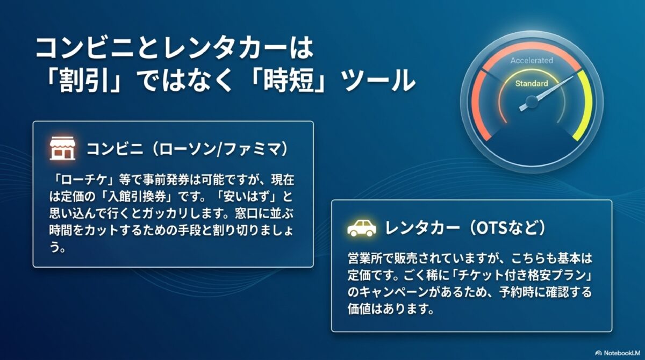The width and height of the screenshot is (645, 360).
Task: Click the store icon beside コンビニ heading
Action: click(x=62, y=148)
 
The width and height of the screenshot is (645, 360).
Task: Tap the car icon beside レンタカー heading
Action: click(x=362, y=228)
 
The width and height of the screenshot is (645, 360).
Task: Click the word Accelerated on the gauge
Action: click(x=532, y=60)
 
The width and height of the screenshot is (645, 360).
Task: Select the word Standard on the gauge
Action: click(x=532, y=83)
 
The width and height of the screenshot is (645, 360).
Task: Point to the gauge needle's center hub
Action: click(x=532, y=102)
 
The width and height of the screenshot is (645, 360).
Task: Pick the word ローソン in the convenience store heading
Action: click(x=188, y=149)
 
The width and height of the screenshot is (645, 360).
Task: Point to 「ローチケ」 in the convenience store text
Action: click(x=83, y=181)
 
